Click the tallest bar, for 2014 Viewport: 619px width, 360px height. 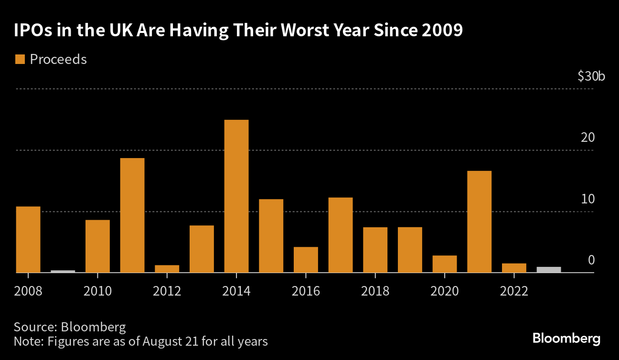(x=236, y=196)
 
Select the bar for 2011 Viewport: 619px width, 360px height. (x=132, y=215)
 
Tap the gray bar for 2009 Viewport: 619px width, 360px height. (x=63, y=271)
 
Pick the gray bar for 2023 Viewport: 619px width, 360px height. (x=549, y=269)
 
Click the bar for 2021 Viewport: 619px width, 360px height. (x=479, y=222)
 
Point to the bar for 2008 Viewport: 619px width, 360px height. (x=28, y=239)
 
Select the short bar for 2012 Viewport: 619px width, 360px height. (x=167, y=269)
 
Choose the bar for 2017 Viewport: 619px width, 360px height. (x=341, y=235)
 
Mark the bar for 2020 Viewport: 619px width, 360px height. (x=445, y=264)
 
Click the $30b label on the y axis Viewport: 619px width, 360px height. (x=591, y=76)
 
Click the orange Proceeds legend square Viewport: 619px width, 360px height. (x=20, y=59)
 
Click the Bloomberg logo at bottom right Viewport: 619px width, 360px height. (x=566, y=339)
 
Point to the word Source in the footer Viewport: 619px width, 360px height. (x=33, y=327)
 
